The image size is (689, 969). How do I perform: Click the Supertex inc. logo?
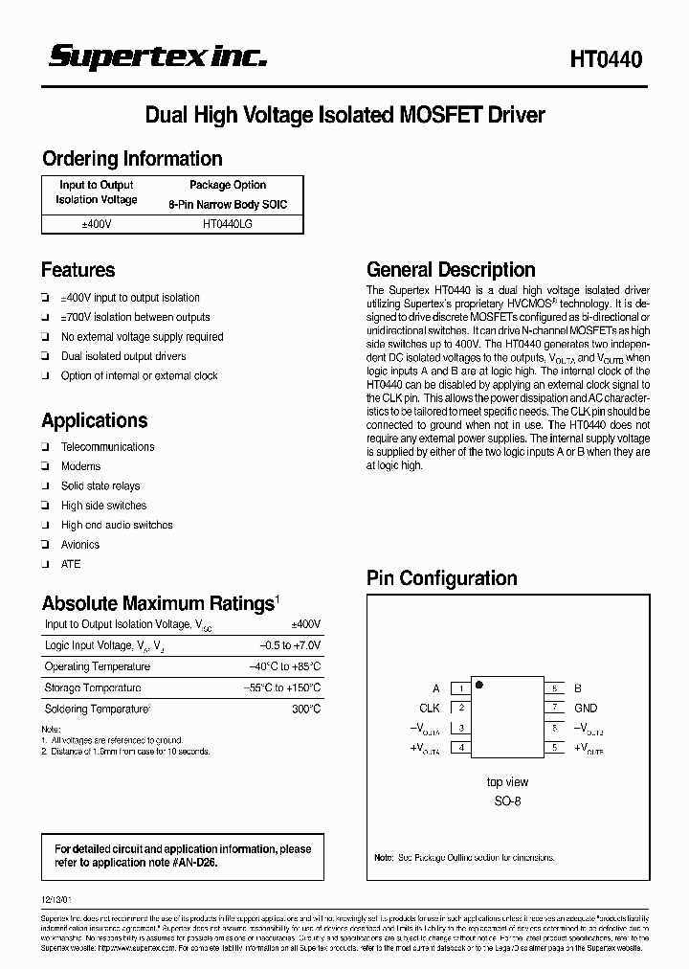coord(158,57)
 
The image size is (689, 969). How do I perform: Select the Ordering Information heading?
coord(132,159)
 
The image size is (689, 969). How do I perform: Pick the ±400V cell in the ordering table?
coord(96,222)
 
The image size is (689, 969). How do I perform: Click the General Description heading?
coord(451,270)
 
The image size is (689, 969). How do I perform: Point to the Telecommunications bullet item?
coord(107,447)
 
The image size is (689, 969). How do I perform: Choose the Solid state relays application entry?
coord(100,486)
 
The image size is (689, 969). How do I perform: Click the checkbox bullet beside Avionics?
coord(46,545)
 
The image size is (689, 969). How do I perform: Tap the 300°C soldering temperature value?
coord(306,710)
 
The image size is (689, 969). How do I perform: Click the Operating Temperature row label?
coord(97,666)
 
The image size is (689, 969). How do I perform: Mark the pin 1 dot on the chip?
coord(478,685)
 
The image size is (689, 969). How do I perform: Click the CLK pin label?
coord(430,709)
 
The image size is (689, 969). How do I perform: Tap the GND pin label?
coord(585,709)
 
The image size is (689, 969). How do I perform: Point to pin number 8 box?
coord(554,688)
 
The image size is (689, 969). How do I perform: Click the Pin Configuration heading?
coord(442,578)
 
